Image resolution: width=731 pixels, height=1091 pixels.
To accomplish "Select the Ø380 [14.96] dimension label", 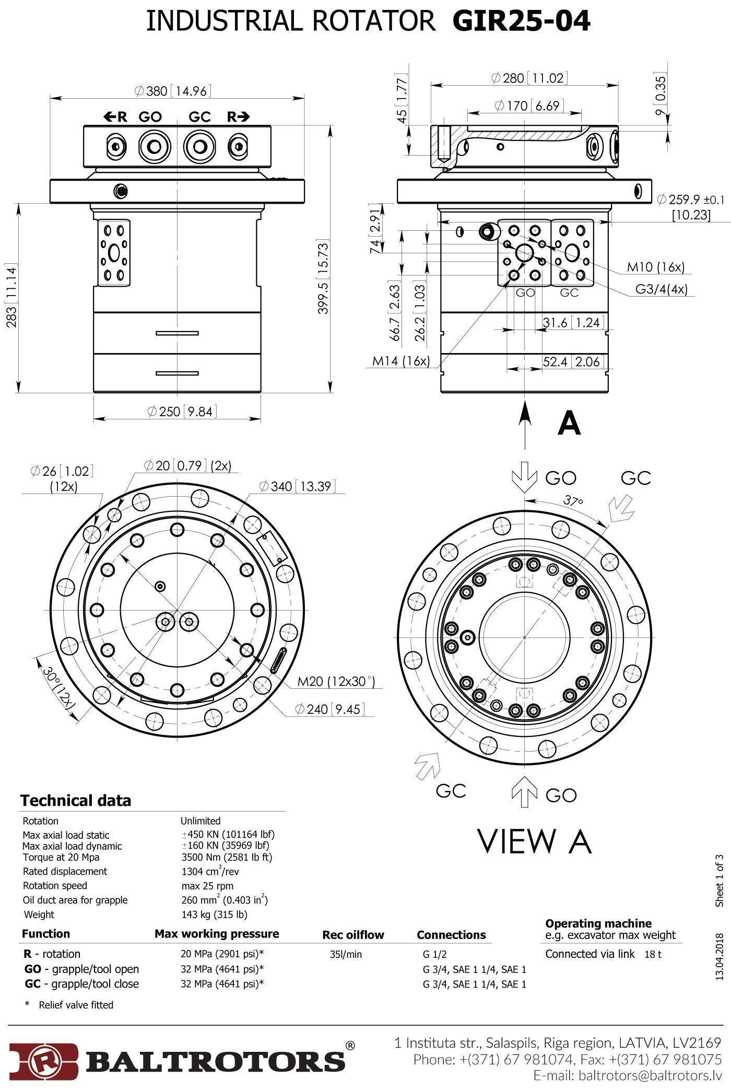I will pyautogui.click(x=173, y=91).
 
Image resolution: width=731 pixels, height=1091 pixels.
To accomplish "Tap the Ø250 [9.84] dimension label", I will pyautogui.click(x=181, y=412).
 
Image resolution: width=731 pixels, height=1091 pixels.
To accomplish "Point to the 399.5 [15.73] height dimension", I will pyautogui.click(x=324, y=277).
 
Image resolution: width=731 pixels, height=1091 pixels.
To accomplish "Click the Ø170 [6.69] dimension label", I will pyautogui.click(x=529, y=106).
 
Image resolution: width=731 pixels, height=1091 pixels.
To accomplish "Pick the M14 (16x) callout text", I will pyautogui.click(x=401, y=361).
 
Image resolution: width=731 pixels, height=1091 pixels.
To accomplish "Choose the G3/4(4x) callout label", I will pyautogui.click(x=661, y=289).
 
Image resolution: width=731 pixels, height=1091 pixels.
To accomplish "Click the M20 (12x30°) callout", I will pyautogui.click(x=336, y=681).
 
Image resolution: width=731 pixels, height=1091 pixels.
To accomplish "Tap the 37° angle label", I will pyautogui.click(x=573, y=501).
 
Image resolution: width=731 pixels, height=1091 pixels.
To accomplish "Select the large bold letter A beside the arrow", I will pyautogui.click(x=569, y=423).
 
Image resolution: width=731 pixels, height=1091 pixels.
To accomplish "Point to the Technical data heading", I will pyautogui.click(x=76, y=801).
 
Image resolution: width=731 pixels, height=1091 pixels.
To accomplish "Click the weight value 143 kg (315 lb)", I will pyautogui.click(x=214, y=914).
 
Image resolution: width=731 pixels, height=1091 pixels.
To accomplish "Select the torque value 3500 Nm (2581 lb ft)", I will pyautogui.click(x=227, y=857).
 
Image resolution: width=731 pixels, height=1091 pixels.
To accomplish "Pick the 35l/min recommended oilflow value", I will pyautogui.click(x=346, y=954).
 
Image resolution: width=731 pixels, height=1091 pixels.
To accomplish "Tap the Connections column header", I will pyautogui.click(x=451, y=935).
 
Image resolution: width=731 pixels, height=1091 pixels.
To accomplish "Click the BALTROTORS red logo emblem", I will pyautogui.click(x=44, y=1061).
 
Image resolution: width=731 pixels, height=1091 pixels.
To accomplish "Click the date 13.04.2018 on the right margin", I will pyautogui.click(x=720, y=956).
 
